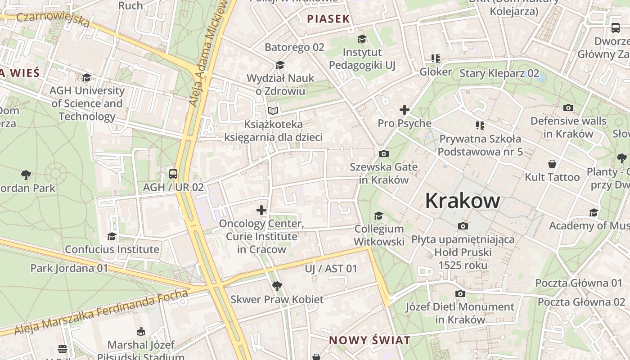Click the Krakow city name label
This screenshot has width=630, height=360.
[x=462, y=201]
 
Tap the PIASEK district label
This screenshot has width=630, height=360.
[x=328, y=19]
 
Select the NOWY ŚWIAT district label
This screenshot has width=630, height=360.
[x=369, y=340]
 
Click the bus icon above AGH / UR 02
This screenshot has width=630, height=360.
[x=173, y=174]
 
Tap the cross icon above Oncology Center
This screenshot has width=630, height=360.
[x=261, y=210]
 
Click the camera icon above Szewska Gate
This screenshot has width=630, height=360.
[x=384, y=154]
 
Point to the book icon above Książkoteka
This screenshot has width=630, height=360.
[x=273, y=111]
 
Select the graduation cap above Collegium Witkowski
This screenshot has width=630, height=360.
[x=379, y=216]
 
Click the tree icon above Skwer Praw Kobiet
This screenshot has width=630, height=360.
[x=277, y=286]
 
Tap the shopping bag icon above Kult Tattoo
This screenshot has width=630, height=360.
[x=552, y=164]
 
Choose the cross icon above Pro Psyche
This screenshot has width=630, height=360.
[x=404, y=110]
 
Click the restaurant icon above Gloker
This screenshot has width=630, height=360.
[x=435, y=58]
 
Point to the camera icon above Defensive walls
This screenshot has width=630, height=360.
[x=568, y=108]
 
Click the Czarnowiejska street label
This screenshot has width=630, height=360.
[x=53, y=20]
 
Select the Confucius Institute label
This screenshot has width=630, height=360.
[x=112, y=249]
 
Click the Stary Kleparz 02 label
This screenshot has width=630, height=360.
[x=499, y=73]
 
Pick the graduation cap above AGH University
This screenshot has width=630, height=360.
[x=87, y=77]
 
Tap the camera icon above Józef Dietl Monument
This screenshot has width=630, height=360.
[x=460, y=294]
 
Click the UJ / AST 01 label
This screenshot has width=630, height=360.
[x=331, y=269]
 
